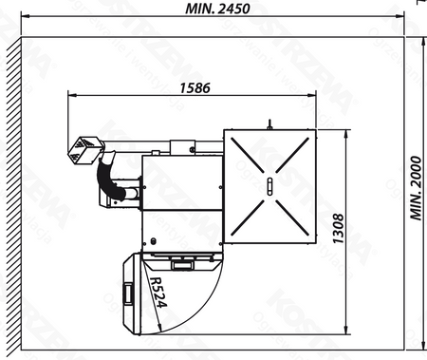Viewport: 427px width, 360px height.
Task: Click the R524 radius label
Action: tap(157, 295)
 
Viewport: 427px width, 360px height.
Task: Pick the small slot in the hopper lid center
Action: tap(270, 185)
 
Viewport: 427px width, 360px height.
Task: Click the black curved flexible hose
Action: tap(113, 180)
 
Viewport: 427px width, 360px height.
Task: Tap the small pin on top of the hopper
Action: tap(269, 123)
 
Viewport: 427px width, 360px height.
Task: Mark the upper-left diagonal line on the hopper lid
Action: tap(249, 160)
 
